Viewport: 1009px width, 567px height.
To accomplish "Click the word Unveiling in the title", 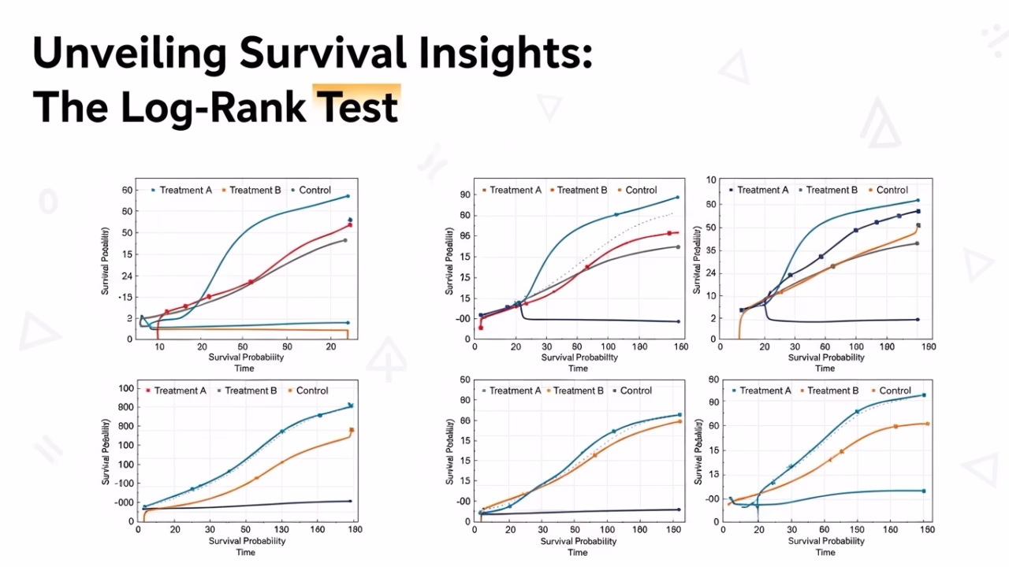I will [x=128, y=53].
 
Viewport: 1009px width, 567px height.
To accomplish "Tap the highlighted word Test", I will [x=357, y=106].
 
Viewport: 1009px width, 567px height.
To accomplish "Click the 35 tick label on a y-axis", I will [x=709, y=250].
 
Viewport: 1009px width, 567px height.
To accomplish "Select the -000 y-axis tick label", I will [x=121, y=502].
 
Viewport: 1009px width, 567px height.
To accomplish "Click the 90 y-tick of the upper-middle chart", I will [x=464, y=195].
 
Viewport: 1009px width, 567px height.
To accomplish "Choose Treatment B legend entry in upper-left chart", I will [x=255, y=190].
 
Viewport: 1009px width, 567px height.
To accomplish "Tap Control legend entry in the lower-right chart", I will [x=895, y=391].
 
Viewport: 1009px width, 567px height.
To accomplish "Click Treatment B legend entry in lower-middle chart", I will [x=578, y=391].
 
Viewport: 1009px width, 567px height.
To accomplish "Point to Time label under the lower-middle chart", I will [x=578, y=552].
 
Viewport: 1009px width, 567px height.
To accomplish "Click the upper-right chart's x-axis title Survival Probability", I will [x=825, y=358].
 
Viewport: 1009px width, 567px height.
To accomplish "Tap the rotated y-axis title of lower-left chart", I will [x=105, y=452].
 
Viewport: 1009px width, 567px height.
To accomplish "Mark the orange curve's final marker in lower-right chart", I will [x=927, y=424].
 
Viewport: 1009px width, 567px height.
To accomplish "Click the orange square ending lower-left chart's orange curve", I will [x=352, y=430].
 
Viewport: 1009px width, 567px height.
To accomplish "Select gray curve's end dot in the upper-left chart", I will [x=345, y=240].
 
